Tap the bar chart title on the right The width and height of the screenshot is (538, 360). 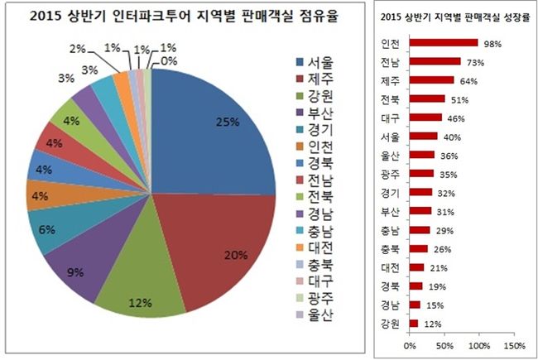coord(454,17)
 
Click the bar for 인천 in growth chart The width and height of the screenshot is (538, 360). coord(444,43)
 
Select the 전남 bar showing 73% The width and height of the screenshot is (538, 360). coord(435,61)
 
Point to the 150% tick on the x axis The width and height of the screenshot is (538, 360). coord(514,343)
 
